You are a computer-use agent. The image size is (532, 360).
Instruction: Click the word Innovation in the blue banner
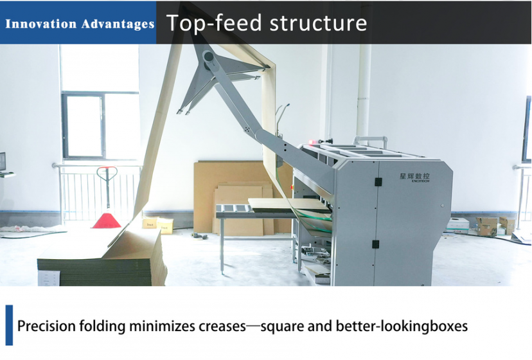pyautogui.click(x=40, y=24)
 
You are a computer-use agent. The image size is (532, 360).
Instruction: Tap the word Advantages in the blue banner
pyautogui.click(x=118, y=24)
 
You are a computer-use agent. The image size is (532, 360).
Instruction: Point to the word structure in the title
pyautogui.click(x=318, y=23)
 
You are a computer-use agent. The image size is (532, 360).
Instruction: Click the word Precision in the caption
pyautogui.click(x=46, y=326)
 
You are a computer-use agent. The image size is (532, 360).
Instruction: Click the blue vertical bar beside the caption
pyautogui.click(x=9, y=325)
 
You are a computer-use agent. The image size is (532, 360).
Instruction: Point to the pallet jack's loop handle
pyautogui.click(x=107, y=172)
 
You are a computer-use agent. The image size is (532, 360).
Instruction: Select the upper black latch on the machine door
pyautogui.click(x=378, y=182)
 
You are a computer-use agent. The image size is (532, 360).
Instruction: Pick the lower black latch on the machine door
pyautogui.click(x=375, y=244)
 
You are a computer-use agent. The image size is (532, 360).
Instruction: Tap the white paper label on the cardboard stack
pyautogui.click(x=49, y=278)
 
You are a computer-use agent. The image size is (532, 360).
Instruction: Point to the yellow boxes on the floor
pyautogui.click(x=158, y=225)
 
